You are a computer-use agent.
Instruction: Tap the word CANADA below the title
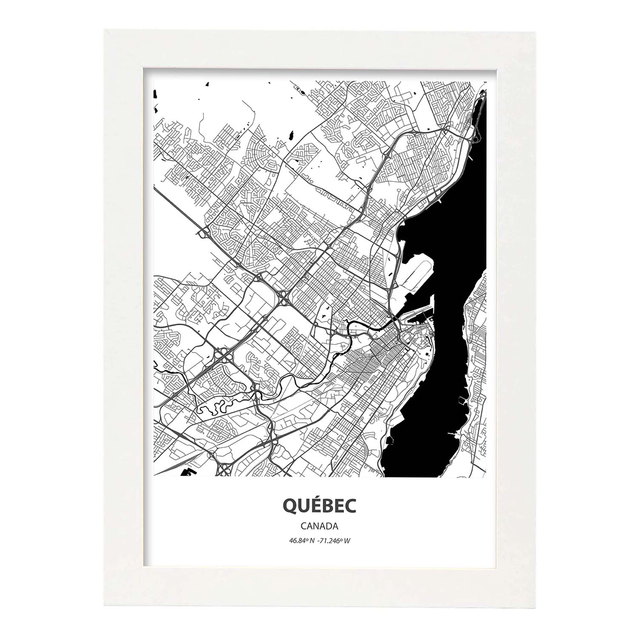(x=319, y=526)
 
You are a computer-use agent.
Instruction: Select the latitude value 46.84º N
(x=302, y=541)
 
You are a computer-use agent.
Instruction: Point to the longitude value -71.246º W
(x=335, y=541)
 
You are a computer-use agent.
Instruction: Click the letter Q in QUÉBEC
(x=289, y=506)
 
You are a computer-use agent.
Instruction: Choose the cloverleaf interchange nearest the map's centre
(x=283, y=296)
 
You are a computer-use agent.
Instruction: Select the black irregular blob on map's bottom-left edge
(x=186, y=472)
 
